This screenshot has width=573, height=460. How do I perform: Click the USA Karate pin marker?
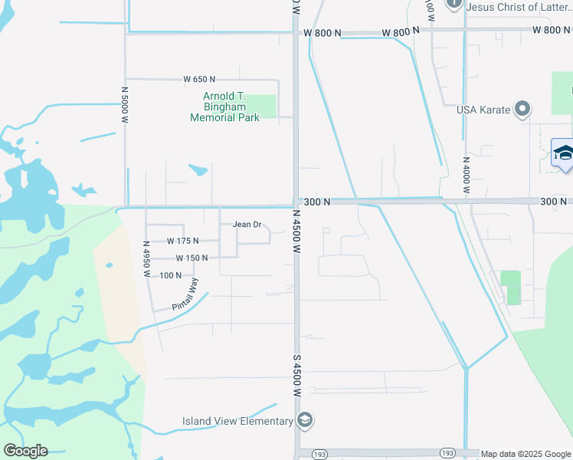523,110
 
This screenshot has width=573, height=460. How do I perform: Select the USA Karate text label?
483,110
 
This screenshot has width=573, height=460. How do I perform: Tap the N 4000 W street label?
466,176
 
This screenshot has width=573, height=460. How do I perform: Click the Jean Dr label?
247,225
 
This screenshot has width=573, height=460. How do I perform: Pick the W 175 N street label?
182,242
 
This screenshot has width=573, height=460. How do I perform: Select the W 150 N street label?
192,258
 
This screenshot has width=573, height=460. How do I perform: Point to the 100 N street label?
171,275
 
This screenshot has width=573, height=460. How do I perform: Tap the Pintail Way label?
180,294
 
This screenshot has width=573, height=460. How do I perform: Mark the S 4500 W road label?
296,373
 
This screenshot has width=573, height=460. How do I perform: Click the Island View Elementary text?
237,421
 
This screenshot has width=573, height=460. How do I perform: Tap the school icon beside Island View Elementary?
305,421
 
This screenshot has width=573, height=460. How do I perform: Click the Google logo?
25,451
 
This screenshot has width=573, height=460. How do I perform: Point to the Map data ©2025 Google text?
526,454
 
